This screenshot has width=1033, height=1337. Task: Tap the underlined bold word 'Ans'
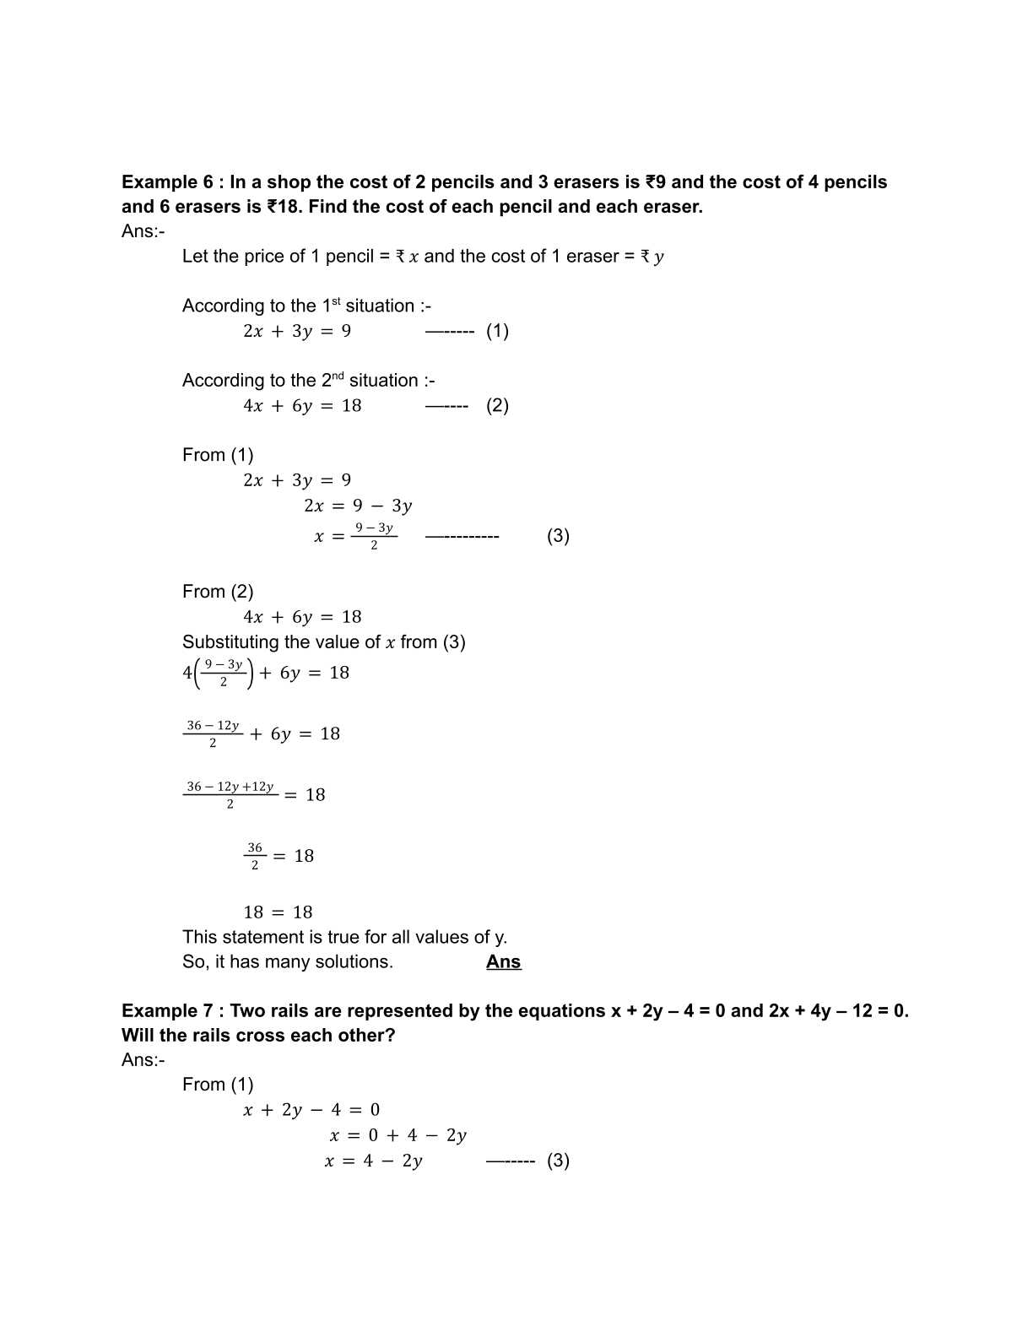point(504,962)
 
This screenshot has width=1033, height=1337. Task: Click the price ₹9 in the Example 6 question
point(656,182)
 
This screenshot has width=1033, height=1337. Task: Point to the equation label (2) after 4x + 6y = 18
point(497,405)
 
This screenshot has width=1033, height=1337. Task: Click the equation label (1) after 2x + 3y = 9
point(497,331)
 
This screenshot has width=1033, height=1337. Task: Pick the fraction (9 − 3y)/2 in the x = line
point(374,536)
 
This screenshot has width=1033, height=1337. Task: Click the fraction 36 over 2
point(255,856)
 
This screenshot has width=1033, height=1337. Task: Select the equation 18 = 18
point(278,912)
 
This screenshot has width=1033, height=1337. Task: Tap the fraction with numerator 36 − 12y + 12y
point(230,794)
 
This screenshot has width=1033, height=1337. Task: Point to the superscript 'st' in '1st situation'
point(335,300)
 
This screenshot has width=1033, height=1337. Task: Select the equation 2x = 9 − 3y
point(358,506)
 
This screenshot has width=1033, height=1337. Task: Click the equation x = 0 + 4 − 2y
point(398,1136)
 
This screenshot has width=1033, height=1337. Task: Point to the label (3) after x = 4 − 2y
point(558,1161)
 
